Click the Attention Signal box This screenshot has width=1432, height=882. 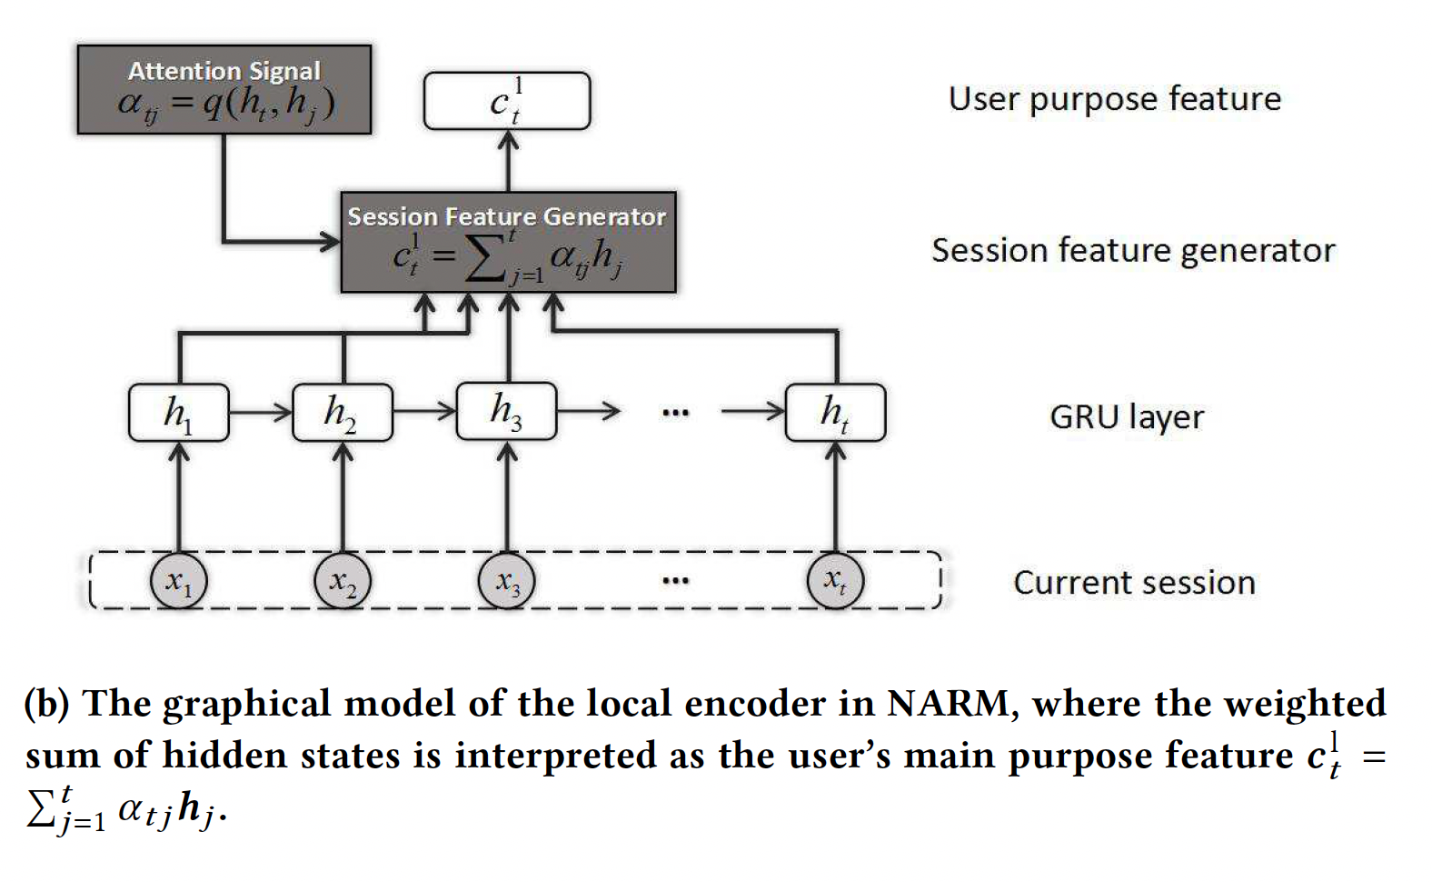[224, 89]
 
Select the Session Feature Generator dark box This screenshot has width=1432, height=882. [508, 242]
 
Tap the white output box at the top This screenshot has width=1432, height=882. [507, 101]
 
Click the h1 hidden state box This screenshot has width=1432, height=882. [179, 413]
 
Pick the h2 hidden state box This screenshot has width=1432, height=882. [343, 413]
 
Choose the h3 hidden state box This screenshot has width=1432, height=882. [506, 411]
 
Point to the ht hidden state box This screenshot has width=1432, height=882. [835, 413]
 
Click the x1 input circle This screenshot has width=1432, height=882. [179, 580]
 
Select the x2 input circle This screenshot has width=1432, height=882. [343, 580]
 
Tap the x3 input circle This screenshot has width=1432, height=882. [506, 580]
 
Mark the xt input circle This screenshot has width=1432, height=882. [835, 580]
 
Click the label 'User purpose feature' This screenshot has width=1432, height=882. [1114, 99]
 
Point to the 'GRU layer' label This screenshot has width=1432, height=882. [1126, 417]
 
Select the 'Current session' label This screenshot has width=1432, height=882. [1134, 583]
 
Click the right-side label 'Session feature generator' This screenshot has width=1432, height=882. [1133, 251]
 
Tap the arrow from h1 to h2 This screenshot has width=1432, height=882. [261, 413]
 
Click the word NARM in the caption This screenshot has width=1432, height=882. [947, 705]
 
